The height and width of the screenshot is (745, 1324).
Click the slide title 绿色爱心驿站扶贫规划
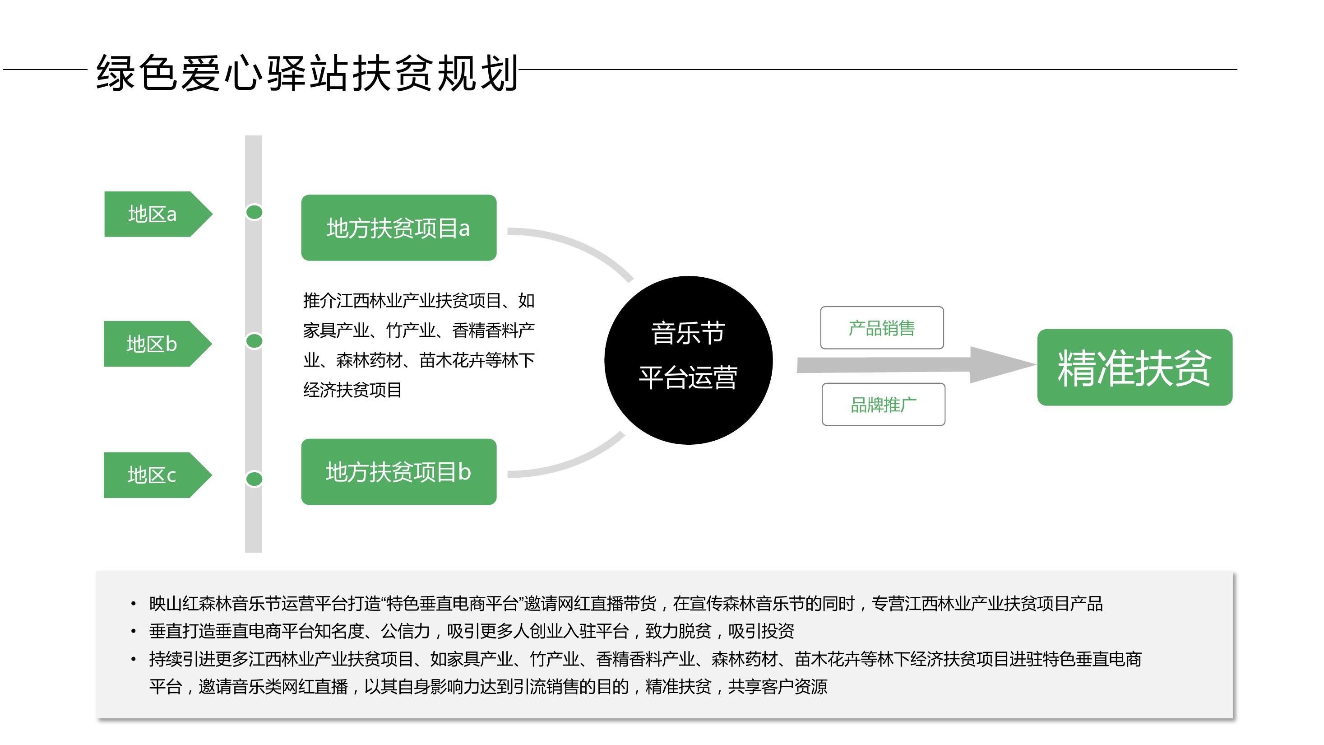pyautogui.click(x=307, y=73)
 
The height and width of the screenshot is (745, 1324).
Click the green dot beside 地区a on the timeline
pyautogui.click(x=254, y=212)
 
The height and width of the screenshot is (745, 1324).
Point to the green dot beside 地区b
pyautogui.click(x=254, y=341)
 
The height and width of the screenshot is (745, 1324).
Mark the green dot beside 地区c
pyautogui.click(x=254, y=479)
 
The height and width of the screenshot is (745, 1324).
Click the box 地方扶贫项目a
pyautogui.click(x=399, y=228)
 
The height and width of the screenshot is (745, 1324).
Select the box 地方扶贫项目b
pyautogui.click(x=399, y=471)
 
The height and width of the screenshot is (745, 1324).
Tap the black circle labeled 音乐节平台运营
pyautogui.click(x=688, y=360)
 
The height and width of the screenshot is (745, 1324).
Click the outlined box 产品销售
pyautogui.click(x=882, y=327)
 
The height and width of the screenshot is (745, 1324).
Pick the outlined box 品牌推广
pyautogui.click(x=884, y=404)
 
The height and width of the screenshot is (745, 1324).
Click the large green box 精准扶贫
pyautogui.click(x=1135, y=367)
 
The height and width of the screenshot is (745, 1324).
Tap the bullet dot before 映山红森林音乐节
pyautogui.click(x=134, y=604)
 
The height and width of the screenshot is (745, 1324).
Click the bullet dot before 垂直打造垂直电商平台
pyautogui.click(x=134, y=631)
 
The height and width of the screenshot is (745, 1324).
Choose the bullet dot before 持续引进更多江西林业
pyautogui.click(x=134, y=659)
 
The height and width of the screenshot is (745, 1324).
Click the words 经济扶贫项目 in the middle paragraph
pyautogui.click(x=352, y=390)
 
